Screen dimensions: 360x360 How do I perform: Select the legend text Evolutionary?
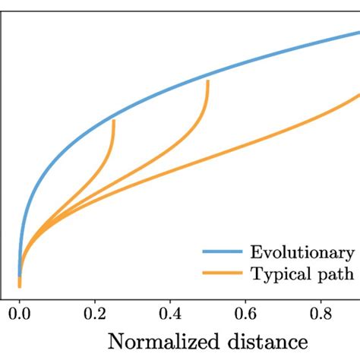coord(304,253)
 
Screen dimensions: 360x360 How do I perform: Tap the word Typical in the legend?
coord(284,274)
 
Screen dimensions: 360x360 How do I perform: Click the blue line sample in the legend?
coord(223,253)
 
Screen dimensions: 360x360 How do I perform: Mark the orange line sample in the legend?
coord(223,274)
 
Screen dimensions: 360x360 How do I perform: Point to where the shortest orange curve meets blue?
coord(114,120)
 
